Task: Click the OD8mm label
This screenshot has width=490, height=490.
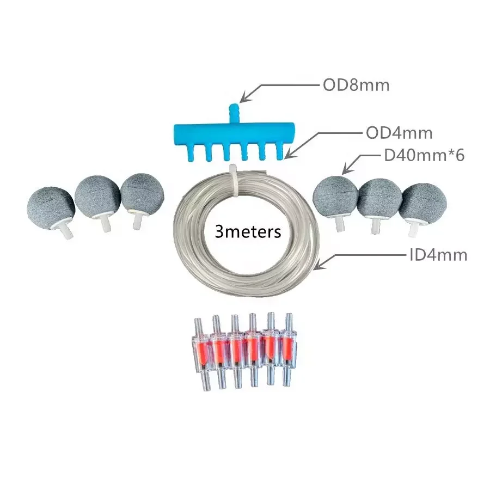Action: point(356,85)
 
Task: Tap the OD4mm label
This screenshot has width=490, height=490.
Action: point(399,133)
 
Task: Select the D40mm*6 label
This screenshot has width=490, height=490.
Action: point(424,155)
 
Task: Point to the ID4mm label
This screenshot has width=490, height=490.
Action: point(438,255)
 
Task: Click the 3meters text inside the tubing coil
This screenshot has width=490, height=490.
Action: point(248,232)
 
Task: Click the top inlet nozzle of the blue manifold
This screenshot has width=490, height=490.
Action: point(234,114)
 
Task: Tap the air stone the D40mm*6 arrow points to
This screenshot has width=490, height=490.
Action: point(335,196)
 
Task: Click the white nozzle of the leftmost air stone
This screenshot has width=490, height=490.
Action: point(67,232)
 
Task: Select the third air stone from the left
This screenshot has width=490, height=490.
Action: point(142,194)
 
